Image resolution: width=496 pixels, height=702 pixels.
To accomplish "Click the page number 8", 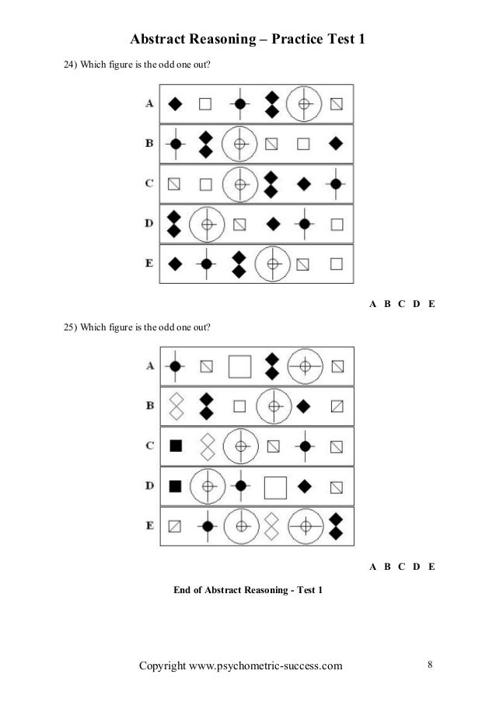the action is [430, 665].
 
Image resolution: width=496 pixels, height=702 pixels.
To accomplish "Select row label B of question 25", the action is [148, 405].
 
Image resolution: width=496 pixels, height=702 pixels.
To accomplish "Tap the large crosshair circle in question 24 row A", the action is [306, 103].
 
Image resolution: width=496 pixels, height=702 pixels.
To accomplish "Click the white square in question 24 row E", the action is [336, 264].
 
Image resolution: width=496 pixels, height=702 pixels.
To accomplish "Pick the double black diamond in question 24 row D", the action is [174, 224].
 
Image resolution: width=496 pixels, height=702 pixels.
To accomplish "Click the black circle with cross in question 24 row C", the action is [335, 184].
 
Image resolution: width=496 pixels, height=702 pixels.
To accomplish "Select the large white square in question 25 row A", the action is [240, 365].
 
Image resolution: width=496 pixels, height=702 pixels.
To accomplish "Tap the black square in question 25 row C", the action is [176, 445].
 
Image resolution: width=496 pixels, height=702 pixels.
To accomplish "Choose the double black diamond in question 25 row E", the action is [336, 526].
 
